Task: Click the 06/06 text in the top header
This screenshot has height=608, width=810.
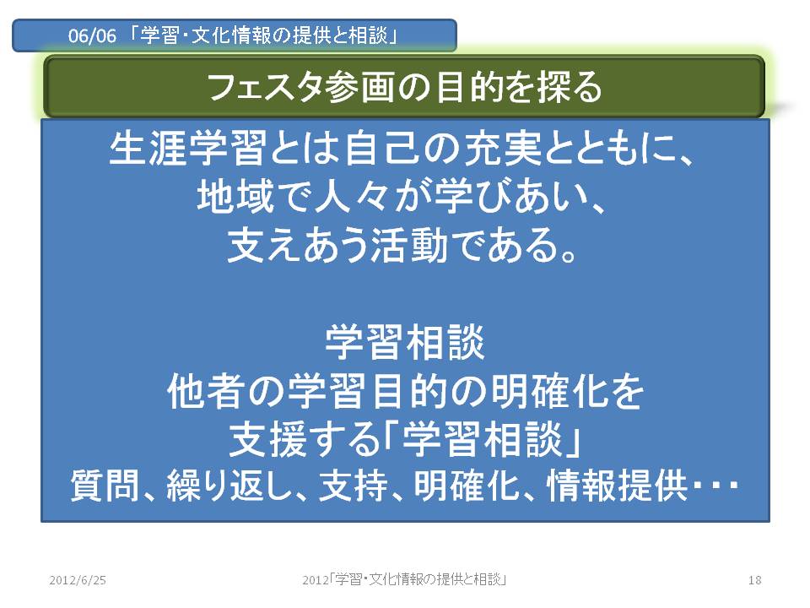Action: [92, 36]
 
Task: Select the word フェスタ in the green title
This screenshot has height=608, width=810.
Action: [266, 86]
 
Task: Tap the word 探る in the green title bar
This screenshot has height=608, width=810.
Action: [570, 86]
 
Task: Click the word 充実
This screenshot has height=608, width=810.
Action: [503, 149]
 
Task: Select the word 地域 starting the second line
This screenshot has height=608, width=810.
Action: [236, 197]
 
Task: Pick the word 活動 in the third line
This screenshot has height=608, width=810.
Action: [408, 245]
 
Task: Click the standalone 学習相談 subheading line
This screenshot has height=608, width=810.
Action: [405, 342]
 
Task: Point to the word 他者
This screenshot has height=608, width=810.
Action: [206, 391]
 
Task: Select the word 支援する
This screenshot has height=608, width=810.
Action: [305, 440]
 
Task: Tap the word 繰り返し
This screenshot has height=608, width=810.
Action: [229, 486]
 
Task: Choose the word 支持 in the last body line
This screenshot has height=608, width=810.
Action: [354, 486]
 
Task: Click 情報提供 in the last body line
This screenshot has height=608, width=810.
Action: [617, 486]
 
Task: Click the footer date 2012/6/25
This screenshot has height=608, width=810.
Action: [78, 580]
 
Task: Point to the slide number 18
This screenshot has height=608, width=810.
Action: [754, 580]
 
